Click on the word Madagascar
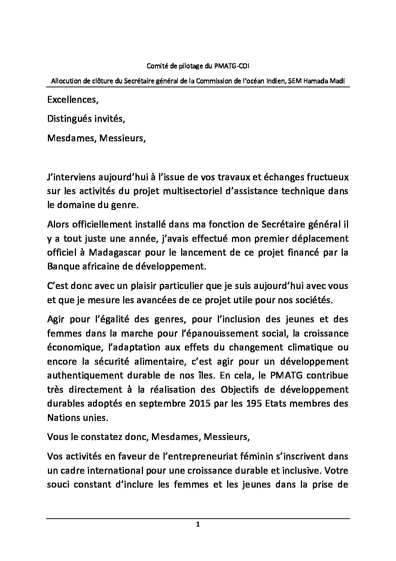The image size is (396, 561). [x=119, y=252]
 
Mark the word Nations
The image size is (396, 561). [x=63, y=417]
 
